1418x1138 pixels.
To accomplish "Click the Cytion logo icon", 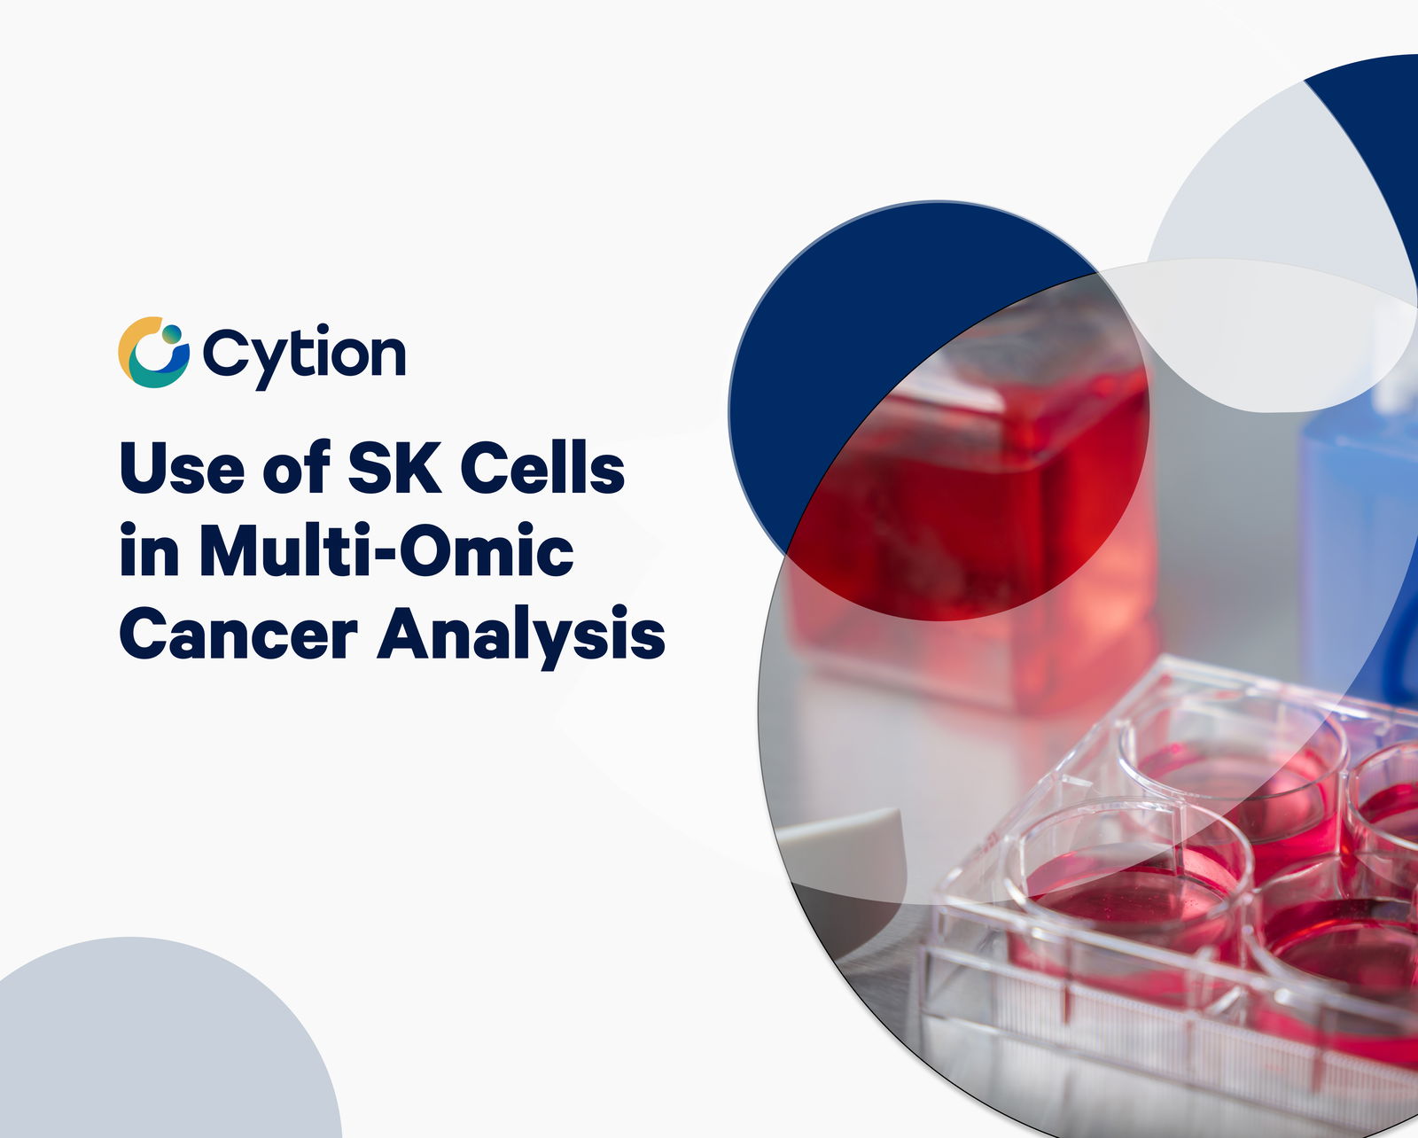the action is click(153, 352).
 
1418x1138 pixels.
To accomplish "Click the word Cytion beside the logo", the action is click(304, 355).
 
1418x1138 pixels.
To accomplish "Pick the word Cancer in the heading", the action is click(238, 633).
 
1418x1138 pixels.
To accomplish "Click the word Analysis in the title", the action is click(520, 637).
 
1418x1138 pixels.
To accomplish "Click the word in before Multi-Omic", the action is click(150, 551).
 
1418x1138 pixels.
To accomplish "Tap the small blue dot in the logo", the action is click(171, 334).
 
